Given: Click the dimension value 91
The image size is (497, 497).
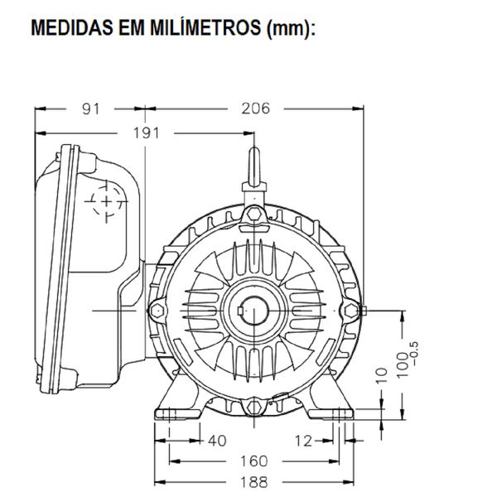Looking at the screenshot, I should pos(93,107).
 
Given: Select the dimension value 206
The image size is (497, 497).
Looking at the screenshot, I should pos(254,107).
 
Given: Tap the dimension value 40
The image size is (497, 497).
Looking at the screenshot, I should pos(216,441).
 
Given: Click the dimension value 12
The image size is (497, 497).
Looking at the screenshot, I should pos(306,441).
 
